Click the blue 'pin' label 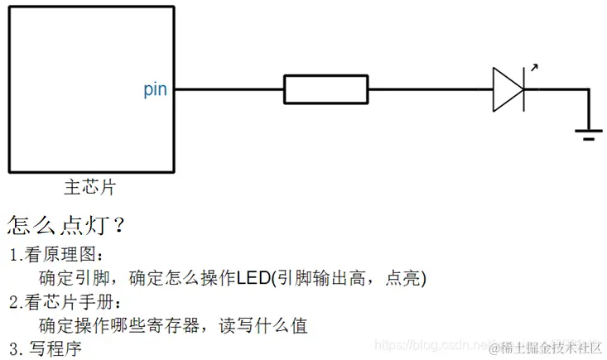[x=155, y=89]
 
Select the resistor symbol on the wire [x=325, y=89]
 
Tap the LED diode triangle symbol [x=508, y=89]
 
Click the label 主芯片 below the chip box [x=89, y=187]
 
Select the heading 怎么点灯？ [x=66, y=225]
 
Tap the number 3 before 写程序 [x=13, y=348]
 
